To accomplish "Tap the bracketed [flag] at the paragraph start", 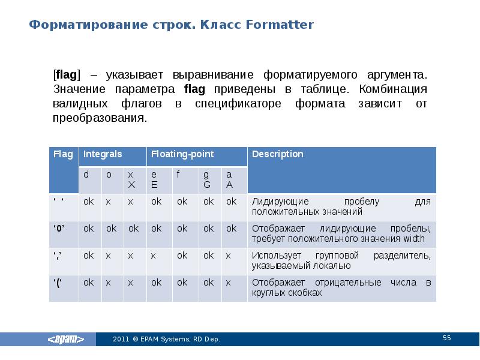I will [x=66, y=76].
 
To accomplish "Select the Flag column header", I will [x=63, y=154].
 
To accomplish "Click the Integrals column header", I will [x=103, y=154].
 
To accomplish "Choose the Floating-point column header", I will [x=182, y=154].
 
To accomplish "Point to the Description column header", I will [x=278, y=154].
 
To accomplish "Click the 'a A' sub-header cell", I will [x=229, y=179].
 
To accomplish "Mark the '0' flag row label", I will [x=59, y=229].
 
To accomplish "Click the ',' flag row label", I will [x=59, y=256].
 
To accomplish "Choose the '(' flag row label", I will [x=59, y=283].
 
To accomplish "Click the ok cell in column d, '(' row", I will [x=88, y=283].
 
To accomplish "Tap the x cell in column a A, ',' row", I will [x=228, y=256].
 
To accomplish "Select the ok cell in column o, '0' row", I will [x=111, y=229].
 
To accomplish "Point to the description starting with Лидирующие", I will [x=341, y=206].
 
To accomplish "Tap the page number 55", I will [x=446, y=338].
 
